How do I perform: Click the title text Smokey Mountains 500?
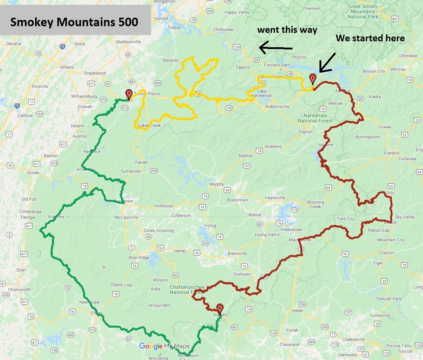tap(74, 22)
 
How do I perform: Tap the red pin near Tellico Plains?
tap(129, 94)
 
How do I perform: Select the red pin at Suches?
tap(220, 309)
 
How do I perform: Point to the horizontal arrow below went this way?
tap(276, 47)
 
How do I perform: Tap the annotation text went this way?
tap(287, 30)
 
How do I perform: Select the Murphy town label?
tap(216, 184)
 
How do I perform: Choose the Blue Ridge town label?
tap(139, 257)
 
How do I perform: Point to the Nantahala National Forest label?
tap(315, 118)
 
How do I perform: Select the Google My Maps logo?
tap(164, 346)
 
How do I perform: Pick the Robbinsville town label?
tap(277, 107)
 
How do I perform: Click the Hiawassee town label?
tap(291, 229)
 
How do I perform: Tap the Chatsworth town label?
tap(20, 290)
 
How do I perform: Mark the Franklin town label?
tap(391, 153)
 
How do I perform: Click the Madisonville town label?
tap(128, 42)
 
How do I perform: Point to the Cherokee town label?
tap(409, 56)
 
